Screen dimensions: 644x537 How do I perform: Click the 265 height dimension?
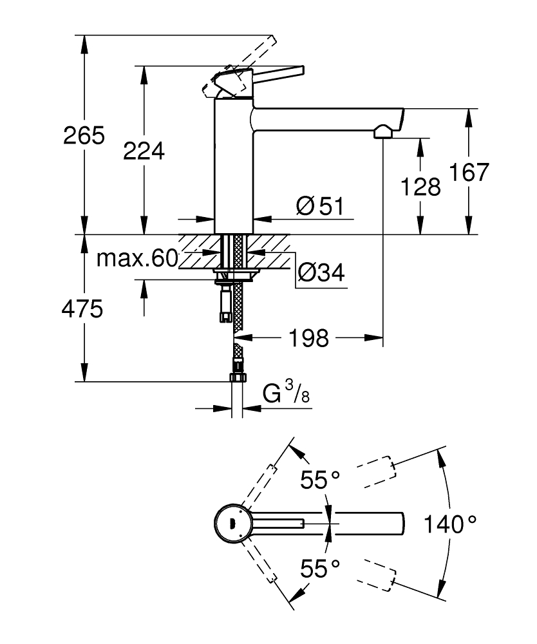(84, 136)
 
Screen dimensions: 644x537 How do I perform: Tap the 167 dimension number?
(469, 173)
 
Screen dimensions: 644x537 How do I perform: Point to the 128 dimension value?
(420, 187)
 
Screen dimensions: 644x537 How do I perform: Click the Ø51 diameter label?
(320, 207)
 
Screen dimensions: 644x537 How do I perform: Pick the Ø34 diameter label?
(321, 274)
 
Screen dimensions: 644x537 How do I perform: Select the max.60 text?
(137, 259)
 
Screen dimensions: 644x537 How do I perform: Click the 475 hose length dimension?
(82, 310)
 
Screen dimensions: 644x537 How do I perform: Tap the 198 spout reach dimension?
(309, 337)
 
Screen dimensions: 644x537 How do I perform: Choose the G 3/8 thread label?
(286, 393)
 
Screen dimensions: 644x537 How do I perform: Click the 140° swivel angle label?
(450, 524)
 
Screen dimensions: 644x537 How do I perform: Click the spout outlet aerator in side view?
(382, 132)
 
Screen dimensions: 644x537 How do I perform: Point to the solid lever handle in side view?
(270, 74)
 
